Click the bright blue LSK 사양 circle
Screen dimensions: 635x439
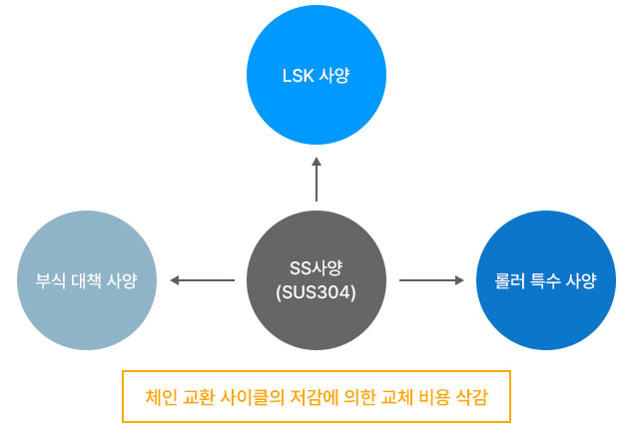click(317, 75)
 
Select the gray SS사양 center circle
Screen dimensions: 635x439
click(317, 280)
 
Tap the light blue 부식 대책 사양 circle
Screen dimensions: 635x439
click(87, 280)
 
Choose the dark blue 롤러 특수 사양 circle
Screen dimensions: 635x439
click(546, 280)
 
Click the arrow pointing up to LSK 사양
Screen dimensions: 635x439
click(317, 180)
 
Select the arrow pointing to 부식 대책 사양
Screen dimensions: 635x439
click(202, 280)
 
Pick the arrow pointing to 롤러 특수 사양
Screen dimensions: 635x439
click(431, 280)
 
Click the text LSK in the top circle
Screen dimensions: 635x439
click(298, 76)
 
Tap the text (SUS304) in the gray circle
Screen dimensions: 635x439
click(316, 292)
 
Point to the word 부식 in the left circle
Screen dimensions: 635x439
click(50, 280)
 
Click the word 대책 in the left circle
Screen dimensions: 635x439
click(86, 280)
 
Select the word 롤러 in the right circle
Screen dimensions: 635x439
click(509, 280)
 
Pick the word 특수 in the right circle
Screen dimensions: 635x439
click(545, 280)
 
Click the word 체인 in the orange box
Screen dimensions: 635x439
click(161, 397)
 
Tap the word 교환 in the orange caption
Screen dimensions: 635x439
click(199, 397)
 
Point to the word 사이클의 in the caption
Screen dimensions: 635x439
click(253, 397)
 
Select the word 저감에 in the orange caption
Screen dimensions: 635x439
click(315, 397)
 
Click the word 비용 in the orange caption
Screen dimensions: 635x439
click(434, 397)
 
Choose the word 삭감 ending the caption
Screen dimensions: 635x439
click(472, 397)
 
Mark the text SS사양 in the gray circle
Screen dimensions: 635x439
click(316, 267)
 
